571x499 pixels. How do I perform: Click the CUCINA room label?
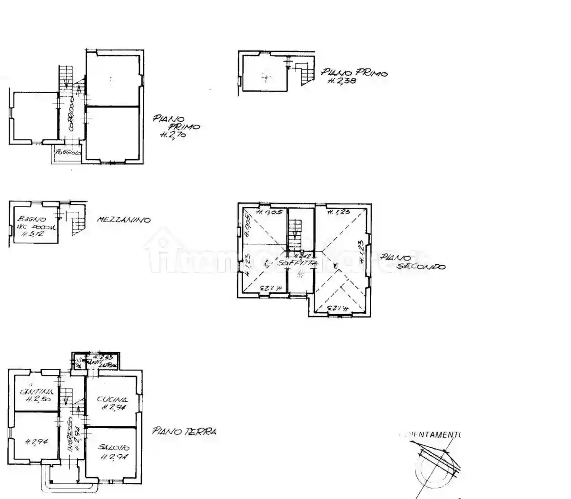click(112, 399)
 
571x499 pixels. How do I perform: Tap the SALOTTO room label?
click(114, 448)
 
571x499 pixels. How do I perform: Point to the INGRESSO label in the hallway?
click(70, 435)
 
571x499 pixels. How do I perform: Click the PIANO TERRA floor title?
click(184, 432)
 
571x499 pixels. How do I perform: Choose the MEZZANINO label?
click(124, 220)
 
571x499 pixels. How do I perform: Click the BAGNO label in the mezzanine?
click(32, 219)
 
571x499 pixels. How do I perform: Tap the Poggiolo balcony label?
click(68, 153)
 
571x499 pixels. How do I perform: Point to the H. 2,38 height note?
click(342, 81)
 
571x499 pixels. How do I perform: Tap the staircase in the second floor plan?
click(295, 231)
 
